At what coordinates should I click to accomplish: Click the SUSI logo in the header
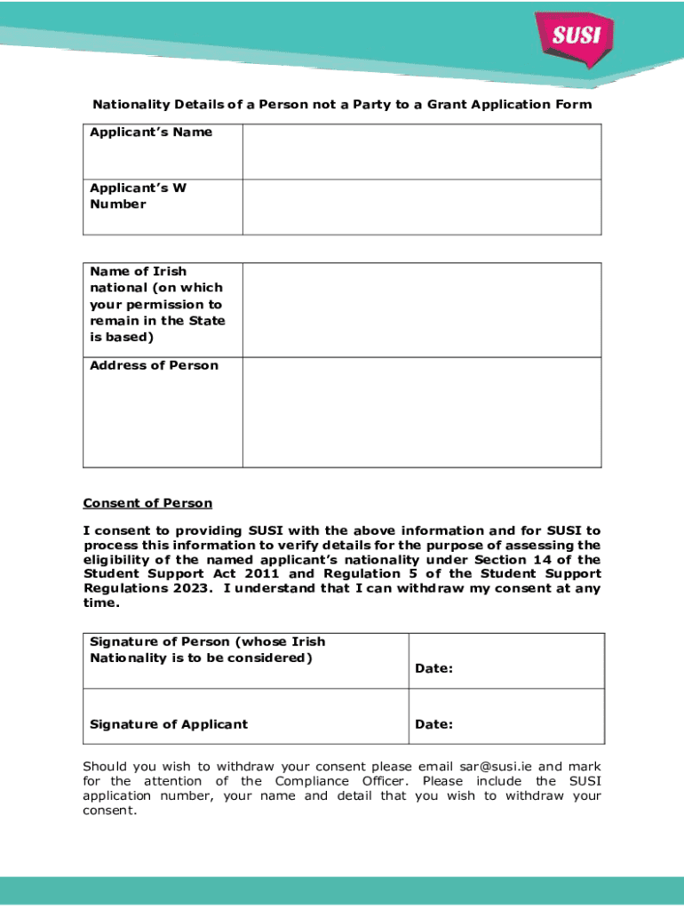click(577, 38)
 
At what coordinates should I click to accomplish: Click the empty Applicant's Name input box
click(421, 152)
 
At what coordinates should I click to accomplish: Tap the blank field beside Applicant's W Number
click(421, 207)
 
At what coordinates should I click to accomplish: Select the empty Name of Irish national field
click(421, 310)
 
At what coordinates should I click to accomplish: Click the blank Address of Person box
click(421, 412)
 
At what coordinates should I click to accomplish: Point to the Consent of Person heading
click(147, 503)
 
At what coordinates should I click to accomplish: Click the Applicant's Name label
click(151, 132)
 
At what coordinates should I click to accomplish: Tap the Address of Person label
click(154, 365)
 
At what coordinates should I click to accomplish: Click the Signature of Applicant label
click(169, 724)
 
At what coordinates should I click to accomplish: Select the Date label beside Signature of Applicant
click(433, 724)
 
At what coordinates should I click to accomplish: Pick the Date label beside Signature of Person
click(433, 668)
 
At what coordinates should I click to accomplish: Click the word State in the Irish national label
click(206, 321)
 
